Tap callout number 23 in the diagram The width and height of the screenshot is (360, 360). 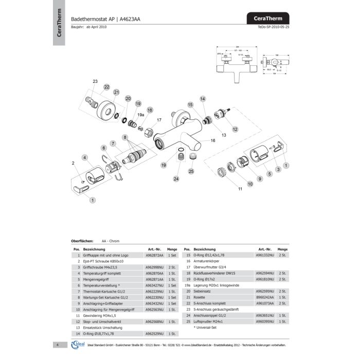point(95,82)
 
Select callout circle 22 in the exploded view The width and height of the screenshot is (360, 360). point(106,87)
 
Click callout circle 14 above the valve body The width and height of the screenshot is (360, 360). point(203,98)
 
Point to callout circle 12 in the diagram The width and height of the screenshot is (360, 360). point(235,129)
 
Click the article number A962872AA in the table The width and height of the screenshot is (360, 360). point(155,255)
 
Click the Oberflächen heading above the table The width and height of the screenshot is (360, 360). point(82,241)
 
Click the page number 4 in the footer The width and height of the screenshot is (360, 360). point(58,345)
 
